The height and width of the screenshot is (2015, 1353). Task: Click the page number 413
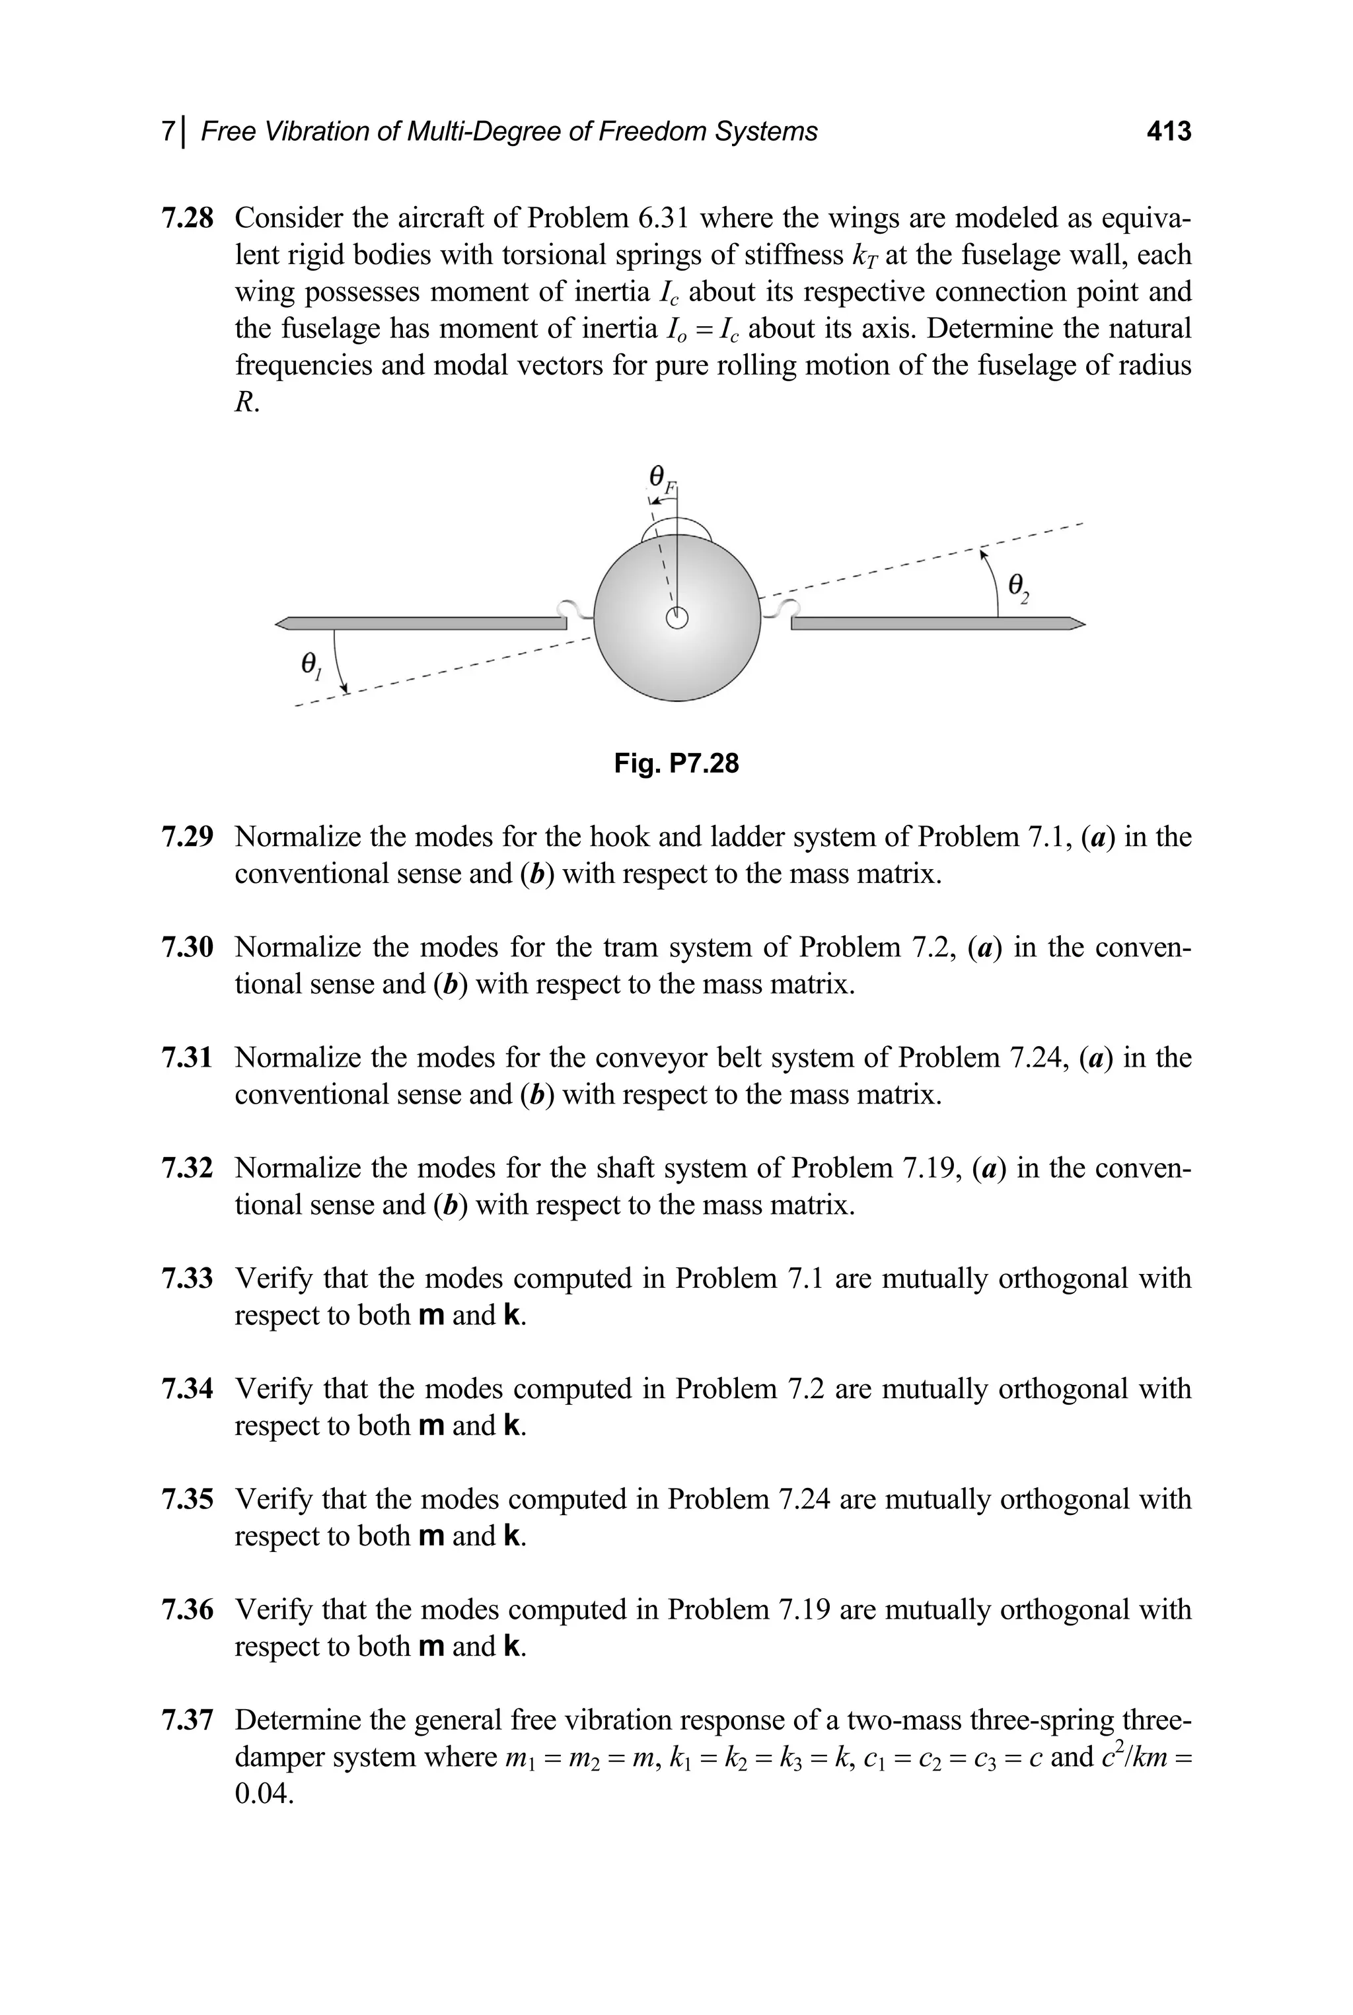coord(1168,131)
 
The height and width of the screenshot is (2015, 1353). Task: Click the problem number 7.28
coord(187,218)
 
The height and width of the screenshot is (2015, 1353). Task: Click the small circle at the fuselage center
coord(677,618)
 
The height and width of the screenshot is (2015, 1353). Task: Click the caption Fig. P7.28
coord(676,763)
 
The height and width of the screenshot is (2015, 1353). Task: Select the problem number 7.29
coord(187,837)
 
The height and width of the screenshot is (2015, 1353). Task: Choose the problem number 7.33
coord(187,1279)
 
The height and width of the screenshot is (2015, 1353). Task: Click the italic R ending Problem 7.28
coord(244,403)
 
